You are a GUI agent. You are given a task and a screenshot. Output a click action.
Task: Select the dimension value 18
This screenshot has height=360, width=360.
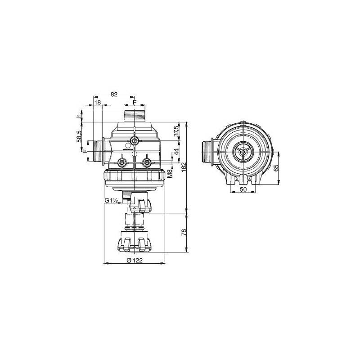click(98, 103)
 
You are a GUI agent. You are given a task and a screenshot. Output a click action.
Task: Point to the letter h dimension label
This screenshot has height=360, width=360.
click(79, 116)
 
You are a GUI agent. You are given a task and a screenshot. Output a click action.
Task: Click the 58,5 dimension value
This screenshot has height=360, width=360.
click(79, 136)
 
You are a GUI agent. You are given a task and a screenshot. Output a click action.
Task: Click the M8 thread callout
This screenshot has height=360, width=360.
click(170, 173)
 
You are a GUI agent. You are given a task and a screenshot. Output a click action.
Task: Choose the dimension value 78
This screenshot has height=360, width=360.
click(183, 232)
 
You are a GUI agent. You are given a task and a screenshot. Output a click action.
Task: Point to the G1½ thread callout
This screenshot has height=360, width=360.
click(111, 200)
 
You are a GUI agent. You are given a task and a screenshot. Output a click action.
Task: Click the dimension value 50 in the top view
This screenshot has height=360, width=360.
click(243, 190)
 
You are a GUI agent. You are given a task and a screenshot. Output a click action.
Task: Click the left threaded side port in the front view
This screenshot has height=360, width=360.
click(98, 151)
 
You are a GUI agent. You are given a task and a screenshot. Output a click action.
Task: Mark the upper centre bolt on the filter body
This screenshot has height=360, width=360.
click(134, 141)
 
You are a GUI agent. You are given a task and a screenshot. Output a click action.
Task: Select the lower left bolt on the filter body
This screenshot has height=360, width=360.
click(121, 162)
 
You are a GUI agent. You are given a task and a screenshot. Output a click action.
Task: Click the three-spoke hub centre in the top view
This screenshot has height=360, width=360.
click(243, 152)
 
